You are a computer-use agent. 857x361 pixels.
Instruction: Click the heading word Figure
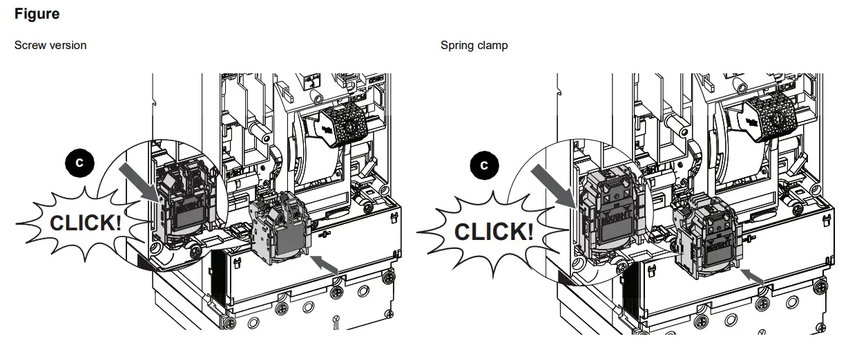tap(37, 14)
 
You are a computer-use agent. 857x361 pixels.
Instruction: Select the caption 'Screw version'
tap(50, 45)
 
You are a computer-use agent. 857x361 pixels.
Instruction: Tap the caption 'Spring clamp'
tap(474, 45)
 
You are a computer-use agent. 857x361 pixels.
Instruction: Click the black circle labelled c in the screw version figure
tap(79, 163)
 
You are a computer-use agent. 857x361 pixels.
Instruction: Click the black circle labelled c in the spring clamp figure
tap(483, 165)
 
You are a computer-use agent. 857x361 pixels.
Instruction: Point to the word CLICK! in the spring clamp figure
tap(493, 231)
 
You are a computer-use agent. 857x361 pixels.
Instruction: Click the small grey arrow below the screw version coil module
tap(327, 263)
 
